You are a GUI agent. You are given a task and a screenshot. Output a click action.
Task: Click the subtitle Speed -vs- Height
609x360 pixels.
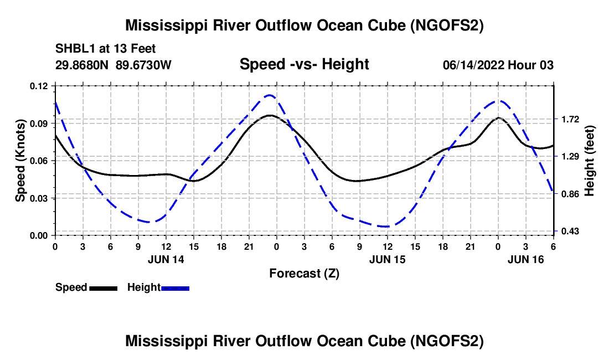click(304, 65)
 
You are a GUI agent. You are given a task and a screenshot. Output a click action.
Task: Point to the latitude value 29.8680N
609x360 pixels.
click(82, 65)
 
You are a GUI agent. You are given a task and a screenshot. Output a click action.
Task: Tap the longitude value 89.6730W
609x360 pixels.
click(143, 65)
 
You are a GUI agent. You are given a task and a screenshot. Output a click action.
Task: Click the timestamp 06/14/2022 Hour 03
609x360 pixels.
click(498, 65)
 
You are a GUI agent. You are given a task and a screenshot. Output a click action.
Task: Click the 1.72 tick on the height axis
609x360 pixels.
click(567, 120)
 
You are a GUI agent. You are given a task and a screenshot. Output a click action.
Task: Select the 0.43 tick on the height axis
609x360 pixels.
click(567, 231)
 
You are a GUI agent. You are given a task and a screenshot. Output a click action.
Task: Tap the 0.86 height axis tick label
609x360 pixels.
click(567, 194)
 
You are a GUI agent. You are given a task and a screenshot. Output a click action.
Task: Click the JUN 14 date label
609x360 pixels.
click(166, 259)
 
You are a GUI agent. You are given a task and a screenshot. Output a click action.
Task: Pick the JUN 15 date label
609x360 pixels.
click(387, 259)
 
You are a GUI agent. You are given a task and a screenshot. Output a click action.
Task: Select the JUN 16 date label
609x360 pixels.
click(526, 259)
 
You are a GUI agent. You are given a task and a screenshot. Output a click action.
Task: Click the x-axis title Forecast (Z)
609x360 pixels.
click(304, 273)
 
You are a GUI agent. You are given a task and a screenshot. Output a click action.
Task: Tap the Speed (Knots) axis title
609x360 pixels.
click(20, 161)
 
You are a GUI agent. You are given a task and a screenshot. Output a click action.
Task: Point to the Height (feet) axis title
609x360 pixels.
click(589, 161)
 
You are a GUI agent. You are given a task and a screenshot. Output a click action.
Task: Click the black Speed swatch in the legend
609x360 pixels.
click(103, 288)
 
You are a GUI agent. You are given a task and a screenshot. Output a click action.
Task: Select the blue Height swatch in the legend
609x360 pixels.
click(175, 288)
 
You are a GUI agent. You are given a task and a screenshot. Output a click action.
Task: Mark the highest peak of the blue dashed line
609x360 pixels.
click(270, 95)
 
